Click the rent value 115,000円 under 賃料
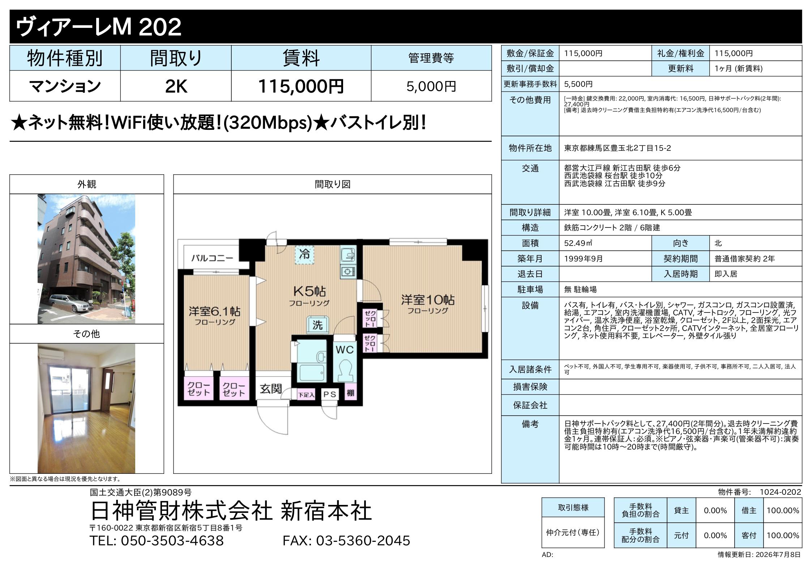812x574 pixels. [x=301, y=86]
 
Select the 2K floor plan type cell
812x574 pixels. [x=176, y=86]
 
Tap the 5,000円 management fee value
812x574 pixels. [x=431, y=86]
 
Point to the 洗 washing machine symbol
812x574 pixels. [x=317, y=324]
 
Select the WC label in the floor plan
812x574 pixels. [x=345, y=349]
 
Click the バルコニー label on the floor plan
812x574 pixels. [x=212, y=258]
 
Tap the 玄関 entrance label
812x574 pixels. [x=271, y=389]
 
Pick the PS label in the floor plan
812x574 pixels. [x=330, y=394]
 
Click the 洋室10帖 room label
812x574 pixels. [x=428, y=300]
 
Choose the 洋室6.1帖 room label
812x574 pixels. [x=214, y=311]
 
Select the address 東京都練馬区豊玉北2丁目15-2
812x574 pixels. [x=617, y=148]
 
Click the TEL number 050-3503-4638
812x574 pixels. [x=157, y=540]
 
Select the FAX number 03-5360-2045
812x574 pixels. [x=346, y=540]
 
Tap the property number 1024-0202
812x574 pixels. [x=780, y=492]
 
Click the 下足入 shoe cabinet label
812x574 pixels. [x=306, y=395]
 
